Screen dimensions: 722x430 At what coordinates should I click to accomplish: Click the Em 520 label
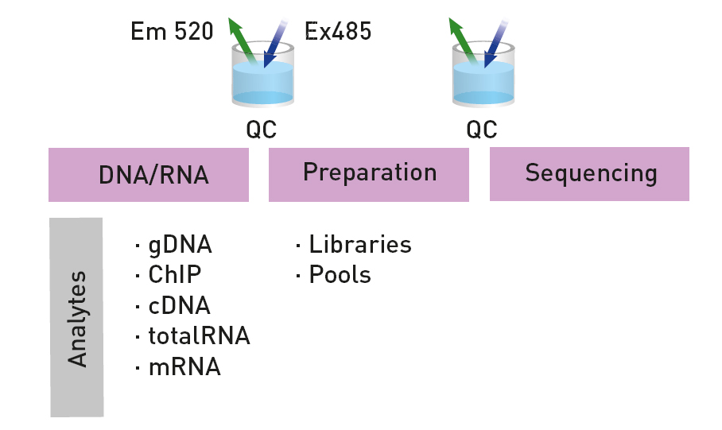pos(172,32)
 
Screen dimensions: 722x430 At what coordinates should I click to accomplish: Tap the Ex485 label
pos(338,32)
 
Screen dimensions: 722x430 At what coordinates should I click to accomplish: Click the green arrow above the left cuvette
pos(243,41)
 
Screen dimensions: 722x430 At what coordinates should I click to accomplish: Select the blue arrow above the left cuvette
pos(275,43)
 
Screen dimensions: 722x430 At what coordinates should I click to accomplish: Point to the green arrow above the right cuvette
pos(464,41)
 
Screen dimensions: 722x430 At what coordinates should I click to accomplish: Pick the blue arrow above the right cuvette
pos(496,43)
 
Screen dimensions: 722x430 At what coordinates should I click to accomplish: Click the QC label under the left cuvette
pos(262,130)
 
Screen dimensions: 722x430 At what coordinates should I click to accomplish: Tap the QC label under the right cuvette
pos(482,130)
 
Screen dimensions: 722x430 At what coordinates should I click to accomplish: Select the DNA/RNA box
pos(149,175)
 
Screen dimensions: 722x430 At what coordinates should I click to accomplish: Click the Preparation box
pos(369,175)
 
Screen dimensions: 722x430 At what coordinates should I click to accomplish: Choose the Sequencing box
pos(589,174)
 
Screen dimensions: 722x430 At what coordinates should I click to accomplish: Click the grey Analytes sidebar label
pos(76,318)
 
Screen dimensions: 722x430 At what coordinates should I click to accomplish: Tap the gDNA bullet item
pos(174,245)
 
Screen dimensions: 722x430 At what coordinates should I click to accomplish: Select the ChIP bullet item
pos(169,275)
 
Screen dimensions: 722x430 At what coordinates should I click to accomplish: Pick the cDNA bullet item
pos(173,306)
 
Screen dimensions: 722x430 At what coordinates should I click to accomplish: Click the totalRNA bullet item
pos(193,336)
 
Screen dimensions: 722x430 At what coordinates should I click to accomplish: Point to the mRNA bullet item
pos(178,367)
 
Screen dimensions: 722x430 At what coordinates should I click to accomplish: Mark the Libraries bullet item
pos(354,245)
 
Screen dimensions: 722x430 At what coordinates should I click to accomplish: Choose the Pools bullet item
pos(333,275)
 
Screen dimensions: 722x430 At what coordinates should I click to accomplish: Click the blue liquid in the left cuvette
pos(262,83)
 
